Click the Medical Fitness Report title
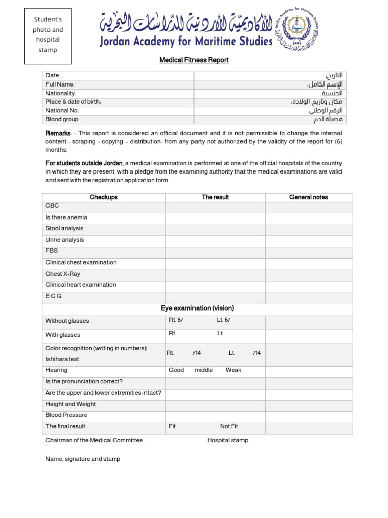[194, 60]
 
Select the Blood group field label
[63, 120]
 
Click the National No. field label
[62, 111]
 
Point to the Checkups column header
[104, 197]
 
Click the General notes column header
[309, 197]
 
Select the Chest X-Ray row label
[63, 274]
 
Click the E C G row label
[54, 296]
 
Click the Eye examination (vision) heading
[198, 308]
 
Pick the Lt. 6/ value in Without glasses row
[223, 320]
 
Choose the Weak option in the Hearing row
[233, 370]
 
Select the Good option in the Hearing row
[176, 370]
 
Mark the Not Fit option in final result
[229, 427]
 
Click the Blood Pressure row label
[66, 415]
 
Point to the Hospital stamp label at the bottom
[228, 441]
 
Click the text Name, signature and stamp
[83, 459]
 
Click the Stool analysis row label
[65, 229]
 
